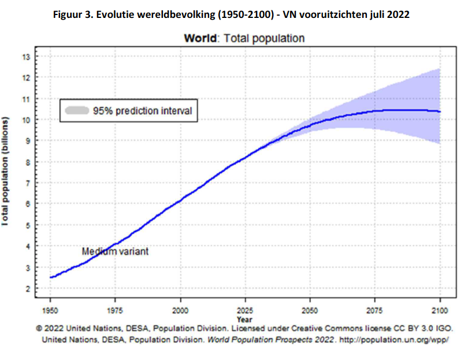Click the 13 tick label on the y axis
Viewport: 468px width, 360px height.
pyautogui.click(x=25, y=57)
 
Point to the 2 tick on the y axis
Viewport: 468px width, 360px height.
pyautogui.click(x=25, y=288)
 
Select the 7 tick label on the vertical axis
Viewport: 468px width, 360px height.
pyautogui.click(x=25, y=183)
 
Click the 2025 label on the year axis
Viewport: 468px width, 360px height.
pyautogui.click(x=246, y=307)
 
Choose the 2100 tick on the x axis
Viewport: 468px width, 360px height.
pyautogui.click(x=440, y=307)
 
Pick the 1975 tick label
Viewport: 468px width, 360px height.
pyautogui.click(x=117, y=307)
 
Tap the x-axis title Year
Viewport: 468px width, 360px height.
pyautogui.click(x=244, y=318)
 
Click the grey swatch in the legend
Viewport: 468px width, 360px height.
pyautogui.click(x=77, y=110)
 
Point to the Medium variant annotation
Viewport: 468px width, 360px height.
pyautogui.click(x=115, y=251)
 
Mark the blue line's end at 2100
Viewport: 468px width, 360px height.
pyautogui.click(x=440, y=112)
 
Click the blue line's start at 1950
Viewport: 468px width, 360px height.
pyautogui.click(x=51, y=277)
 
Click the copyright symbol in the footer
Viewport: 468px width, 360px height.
pyautogui.click(x=39, y=328)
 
